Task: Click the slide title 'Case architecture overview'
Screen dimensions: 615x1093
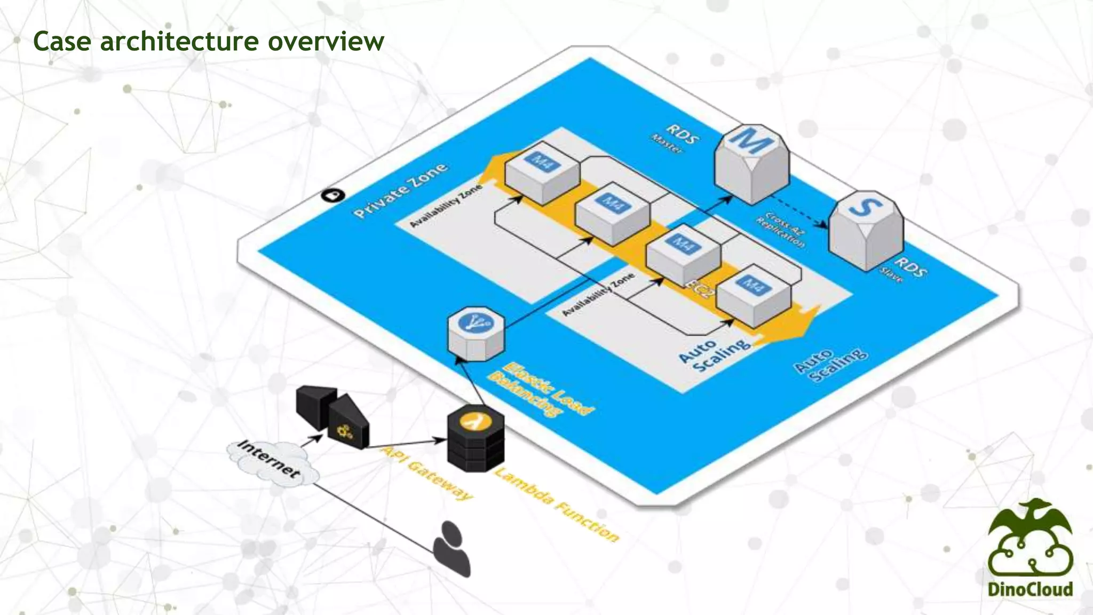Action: [x=208, y=41]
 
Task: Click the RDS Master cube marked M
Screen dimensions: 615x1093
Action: [x=751, y=163]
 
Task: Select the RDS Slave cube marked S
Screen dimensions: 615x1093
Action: [x=865, y=230]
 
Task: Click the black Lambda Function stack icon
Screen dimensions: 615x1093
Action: [x=476, y=440]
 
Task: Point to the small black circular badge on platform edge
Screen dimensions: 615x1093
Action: [x=333, y=195]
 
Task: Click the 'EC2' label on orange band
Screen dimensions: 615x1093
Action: [x=699, y=289]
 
